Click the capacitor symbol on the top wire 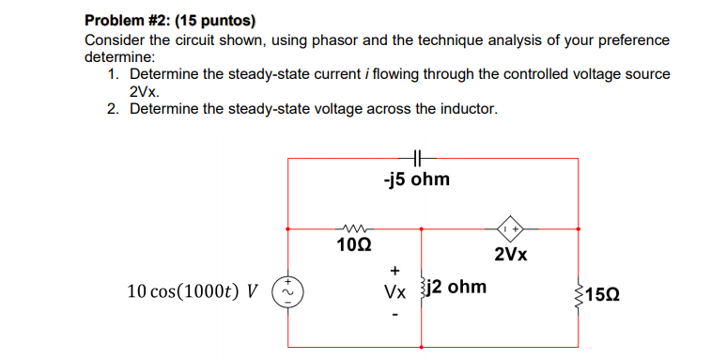tap(416, 159)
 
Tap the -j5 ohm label tap(416, 179)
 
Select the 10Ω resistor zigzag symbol tap(354, 227)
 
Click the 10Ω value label tap(354, 245)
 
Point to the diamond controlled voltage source tap(513, 227)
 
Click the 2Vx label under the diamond tap(511, 255)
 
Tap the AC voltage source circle tap(287, 291)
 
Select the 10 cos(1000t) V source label tap(193, 290)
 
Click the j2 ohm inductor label tap(457, 287)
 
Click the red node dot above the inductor tap(421, 227)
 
